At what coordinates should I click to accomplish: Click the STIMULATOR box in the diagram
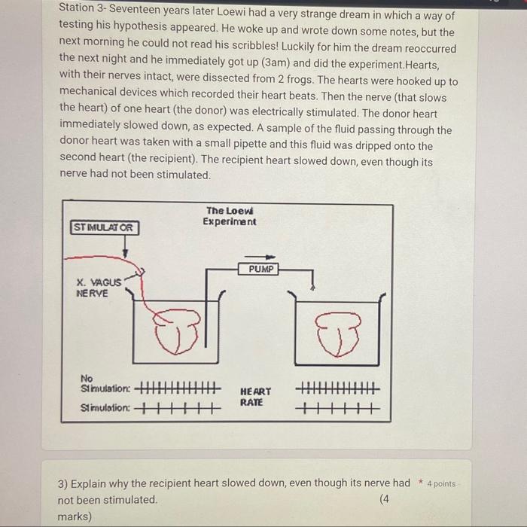105,227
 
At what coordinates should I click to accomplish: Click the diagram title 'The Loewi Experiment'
230,216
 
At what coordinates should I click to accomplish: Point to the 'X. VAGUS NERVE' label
98,288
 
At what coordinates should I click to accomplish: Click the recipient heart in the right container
339,333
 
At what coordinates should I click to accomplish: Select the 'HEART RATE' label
256,397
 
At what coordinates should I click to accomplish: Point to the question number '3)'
64,483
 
